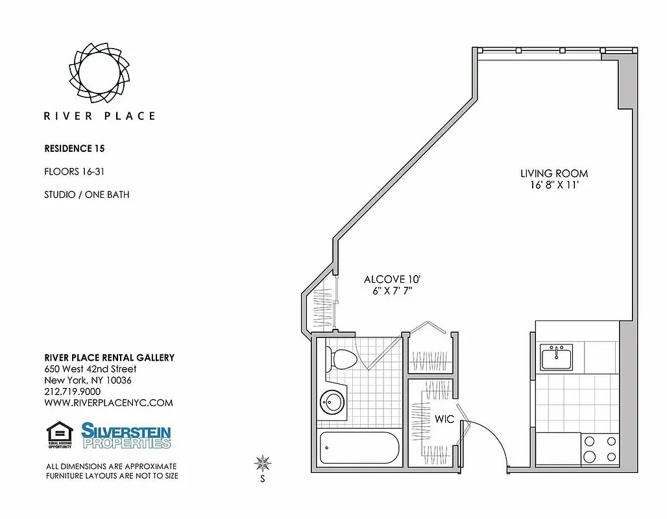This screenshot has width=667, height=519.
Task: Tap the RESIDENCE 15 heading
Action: click(x=75, y=149)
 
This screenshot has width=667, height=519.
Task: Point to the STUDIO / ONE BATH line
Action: click(x=86, y=195)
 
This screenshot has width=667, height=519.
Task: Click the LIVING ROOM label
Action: click(x=554, y=173)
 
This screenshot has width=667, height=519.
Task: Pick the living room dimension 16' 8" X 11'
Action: click(x=554, y=185)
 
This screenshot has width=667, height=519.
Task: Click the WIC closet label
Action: click(x=444, y=419)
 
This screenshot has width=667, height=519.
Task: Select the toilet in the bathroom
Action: click(x=341, y=359)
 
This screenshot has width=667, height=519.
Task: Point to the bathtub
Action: click(x=358, y=448)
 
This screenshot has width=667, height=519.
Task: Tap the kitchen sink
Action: click(x=557, y=356)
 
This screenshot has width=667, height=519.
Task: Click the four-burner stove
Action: click(x=600, y=449)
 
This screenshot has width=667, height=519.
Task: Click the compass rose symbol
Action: click(x=263, y=463)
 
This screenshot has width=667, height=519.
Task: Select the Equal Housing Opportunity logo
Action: click(x=60, y=435)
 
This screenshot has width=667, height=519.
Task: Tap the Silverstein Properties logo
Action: click(x=126, y=435)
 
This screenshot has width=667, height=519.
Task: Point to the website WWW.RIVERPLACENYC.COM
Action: click(x=108, y=403)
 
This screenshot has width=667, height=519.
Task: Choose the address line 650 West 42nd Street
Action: click(x=90, y=369)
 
